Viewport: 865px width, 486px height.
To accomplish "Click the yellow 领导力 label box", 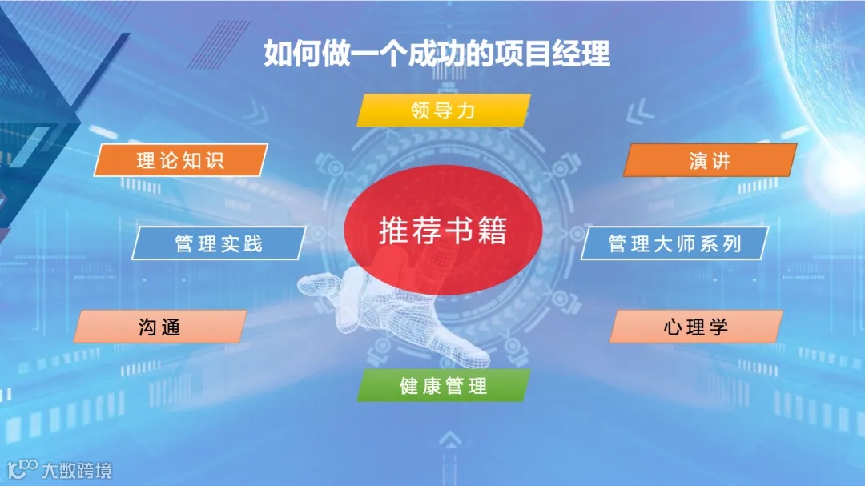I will click(443, 110).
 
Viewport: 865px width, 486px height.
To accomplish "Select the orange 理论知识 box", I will click(180, 160).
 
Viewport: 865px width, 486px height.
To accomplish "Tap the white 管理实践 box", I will click(218, 243).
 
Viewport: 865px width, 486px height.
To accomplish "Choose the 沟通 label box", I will click(159, 327).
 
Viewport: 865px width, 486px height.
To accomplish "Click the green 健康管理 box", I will click(443, 386).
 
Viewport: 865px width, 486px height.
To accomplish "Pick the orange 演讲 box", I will click(710, 160).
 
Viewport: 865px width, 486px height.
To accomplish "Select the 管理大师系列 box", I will click(674, 243).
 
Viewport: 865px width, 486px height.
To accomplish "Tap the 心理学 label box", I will click(695, 327).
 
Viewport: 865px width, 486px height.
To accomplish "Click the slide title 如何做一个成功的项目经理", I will click(437, 54).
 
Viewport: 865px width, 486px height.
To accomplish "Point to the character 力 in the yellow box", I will click(465, 110).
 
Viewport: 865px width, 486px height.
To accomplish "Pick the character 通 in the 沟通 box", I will click(170, 327).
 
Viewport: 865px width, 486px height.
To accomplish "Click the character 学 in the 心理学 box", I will click(717, 327).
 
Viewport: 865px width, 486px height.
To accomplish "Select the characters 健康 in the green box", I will click(421, 386).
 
